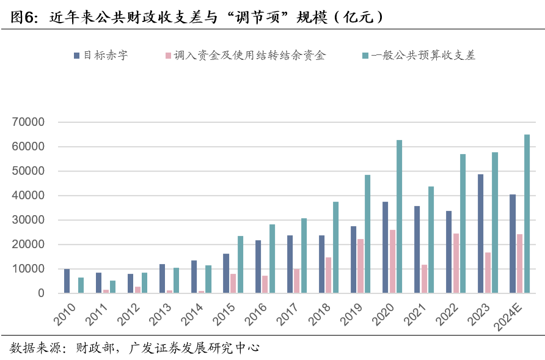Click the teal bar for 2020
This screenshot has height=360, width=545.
[x=399, y=217]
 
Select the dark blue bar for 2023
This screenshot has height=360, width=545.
[x=480, y=234]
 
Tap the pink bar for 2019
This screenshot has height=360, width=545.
[x=360, y=266]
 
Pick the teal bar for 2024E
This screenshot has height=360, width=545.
[x=527, y=214]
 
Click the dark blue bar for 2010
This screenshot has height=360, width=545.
[x=67, y=281]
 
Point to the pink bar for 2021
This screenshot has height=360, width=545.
[x=424, y=279]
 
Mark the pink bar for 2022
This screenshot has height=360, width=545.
[x=456, y=263]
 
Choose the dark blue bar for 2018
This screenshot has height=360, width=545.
[x=321, y=264]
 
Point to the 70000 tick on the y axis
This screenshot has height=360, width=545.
[x=29, y=122]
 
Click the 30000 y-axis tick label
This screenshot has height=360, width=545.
[x=29, y=220]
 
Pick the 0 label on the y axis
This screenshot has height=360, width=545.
[x=41, y=293]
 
